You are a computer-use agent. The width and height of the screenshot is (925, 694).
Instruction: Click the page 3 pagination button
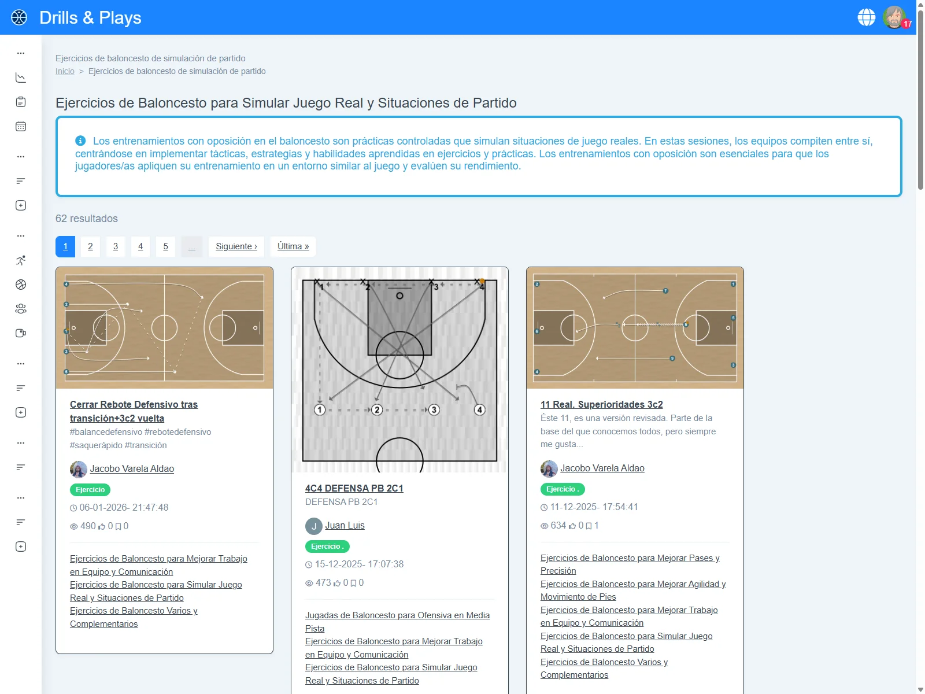tap(116, 246)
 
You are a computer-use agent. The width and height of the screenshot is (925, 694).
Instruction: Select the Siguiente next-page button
tap(236, 246)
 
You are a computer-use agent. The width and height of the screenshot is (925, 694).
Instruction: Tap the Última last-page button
tap(293, 246)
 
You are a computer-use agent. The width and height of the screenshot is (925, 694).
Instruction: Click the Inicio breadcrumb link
tap(65, 71)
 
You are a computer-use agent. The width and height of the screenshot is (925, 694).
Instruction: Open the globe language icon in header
tap(866, 17)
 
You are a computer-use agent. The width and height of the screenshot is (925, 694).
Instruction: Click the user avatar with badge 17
tap(894, 17)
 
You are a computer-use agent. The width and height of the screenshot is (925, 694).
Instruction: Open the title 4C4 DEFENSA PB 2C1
tap(354, 488)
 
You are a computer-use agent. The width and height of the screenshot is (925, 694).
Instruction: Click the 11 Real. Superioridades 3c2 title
tap(601, 404)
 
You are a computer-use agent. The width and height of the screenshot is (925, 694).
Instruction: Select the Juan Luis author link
tap(345, 525)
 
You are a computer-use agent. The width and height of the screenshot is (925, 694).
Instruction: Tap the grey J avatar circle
tap(313, 526)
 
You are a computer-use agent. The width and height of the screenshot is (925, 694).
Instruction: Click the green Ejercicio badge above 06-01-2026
tap(90, 490)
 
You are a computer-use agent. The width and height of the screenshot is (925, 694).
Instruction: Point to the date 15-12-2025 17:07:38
tap(358, 564)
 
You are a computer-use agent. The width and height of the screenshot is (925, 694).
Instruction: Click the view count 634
tap(558, 525)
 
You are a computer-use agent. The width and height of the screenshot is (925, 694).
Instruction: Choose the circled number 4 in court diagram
tap(479, 409)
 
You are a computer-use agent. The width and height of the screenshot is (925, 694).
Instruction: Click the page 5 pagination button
tap(165, 246)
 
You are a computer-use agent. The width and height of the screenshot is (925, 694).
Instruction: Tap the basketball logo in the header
tap(19, 17)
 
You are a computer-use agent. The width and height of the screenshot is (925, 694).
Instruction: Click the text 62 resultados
tap(87, 219)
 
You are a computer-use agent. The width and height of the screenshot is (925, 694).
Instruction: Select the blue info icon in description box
tap(80, 141)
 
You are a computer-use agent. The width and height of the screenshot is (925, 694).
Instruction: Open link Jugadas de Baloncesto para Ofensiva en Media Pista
tap(397, 622)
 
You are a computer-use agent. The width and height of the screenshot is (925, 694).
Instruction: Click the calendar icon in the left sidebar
tap(21, 127)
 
